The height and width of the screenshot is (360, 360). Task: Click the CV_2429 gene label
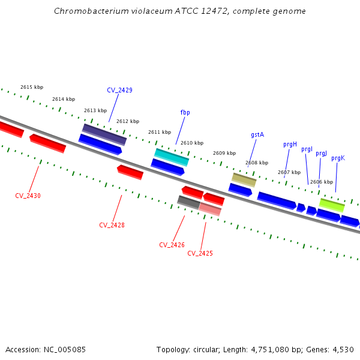(x=119, y=90)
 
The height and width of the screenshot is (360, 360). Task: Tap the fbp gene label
(x=185, y=112)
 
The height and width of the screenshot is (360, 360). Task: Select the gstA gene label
(x=257, y=135)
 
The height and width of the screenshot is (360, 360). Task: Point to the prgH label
(x=290, y=144)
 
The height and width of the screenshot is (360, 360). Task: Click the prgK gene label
(x=338, y=158)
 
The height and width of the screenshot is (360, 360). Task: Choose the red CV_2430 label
(x=28, y=196)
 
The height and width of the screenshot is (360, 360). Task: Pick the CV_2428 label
(x=112, y=225)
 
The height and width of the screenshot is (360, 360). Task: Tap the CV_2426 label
(x=172, y=245)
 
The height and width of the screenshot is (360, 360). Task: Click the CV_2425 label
(x=200, y=253)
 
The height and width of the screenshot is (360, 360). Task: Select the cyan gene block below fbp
(x=172, y=157)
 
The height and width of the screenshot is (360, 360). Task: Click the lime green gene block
(x=332, y=205)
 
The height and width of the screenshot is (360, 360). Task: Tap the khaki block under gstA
(x=244, y=179)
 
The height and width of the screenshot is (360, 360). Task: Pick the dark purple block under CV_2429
(x=104, y=134)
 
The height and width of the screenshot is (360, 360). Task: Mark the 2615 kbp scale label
(x=32, y=87)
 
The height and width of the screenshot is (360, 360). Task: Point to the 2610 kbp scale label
(x=192, y=143)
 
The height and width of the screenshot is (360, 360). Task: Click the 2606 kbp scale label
(x=322, y=182)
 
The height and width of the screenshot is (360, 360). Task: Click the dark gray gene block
(x=188, y=202)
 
